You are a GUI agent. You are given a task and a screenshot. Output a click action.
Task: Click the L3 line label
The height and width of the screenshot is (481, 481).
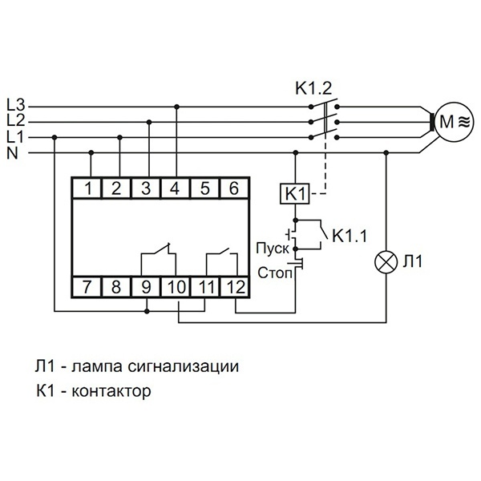[16, 104]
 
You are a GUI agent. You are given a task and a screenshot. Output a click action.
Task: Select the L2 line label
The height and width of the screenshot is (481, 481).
[16, 120]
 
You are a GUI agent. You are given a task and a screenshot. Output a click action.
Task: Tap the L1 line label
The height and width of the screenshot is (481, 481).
[16, 136]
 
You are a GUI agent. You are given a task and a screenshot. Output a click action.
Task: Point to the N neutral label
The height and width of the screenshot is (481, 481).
[13, 152]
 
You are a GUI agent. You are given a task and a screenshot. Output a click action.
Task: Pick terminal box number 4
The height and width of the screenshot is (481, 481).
[176, 189]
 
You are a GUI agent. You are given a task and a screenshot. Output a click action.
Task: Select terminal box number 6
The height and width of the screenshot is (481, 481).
[234, 189]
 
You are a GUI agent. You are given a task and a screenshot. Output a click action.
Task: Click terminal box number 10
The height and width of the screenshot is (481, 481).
[176, 285]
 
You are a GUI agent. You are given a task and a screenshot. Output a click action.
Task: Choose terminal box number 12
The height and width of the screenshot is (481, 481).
[234, 285]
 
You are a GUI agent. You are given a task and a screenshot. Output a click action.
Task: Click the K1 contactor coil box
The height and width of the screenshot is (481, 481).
[294, 194]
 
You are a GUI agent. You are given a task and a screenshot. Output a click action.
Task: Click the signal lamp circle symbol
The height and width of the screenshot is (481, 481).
[387, 262]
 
